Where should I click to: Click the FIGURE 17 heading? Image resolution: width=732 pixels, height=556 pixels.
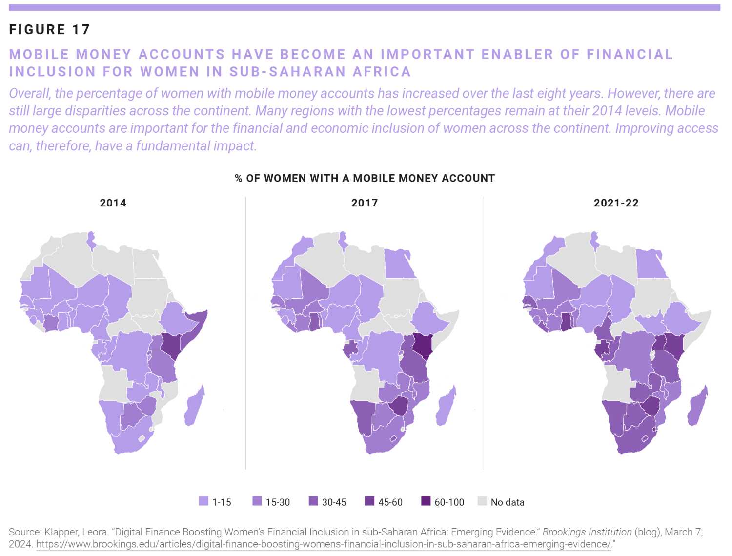click(49, 30)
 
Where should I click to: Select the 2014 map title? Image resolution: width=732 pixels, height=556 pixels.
click(113, 203)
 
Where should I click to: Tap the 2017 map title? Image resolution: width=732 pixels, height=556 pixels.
click(365, 203)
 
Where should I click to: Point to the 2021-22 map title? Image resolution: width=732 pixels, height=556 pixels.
click(616, 203)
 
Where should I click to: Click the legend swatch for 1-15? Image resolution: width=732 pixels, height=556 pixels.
click(203, 501)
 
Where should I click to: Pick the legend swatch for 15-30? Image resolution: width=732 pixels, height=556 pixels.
click(257, 501)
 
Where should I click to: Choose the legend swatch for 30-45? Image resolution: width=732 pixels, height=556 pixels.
click(313, 501)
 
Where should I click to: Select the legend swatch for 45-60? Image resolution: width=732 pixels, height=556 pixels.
click(369, 501)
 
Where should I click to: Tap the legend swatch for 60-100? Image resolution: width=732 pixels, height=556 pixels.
click(426, 501)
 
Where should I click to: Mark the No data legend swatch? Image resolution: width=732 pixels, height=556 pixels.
click(482, 501)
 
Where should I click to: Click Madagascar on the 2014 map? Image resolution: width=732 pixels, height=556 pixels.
click(194, 406)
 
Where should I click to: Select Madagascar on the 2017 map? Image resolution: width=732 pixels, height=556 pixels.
click(446, 406)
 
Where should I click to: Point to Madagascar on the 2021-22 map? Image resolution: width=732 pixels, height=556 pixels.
click(697, 406)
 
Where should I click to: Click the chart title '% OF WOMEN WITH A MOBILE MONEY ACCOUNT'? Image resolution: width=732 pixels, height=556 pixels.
click(365, 178)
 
